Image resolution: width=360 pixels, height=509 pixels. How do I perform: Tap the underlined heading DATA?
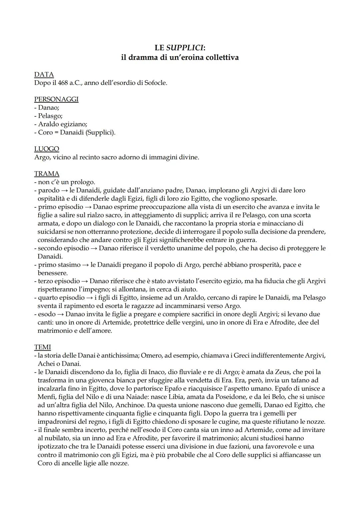pyautogui.click(x=44, y=74)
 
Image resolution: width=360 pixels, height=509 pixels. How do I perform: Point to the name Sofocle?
pyautogui.click(x=155, y=83)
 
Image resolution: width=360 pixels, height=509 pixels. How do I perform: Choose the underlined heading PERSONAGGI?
pyautogui.click(x=56, y=99)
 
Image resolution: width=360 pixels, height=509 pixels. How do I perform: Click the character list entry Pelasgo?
pyautogui.click(x=50, y=116)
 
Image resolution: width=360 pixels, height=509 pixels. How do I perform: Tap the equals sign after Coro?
pyautogui.click(x=56, y=132)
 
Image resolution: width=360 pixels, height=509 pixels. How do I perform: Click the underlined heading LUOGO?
pyautogui.click(x=47, y=149)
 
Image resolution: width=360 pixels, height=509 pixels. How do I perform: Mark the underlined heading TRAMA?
pyautogui.click(x=47, y=174)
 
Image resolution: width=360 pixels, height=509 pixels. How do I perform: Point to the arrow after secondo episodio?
pyautogui.click(x=94, y=248)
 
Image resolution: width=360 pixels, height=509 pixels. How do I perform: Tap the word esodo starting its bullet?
pyautogui.click(x=47, y=314)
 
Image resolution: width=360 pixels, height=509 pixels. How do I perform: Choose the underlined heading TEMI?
pyautogui.click(x=42, y=347)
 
